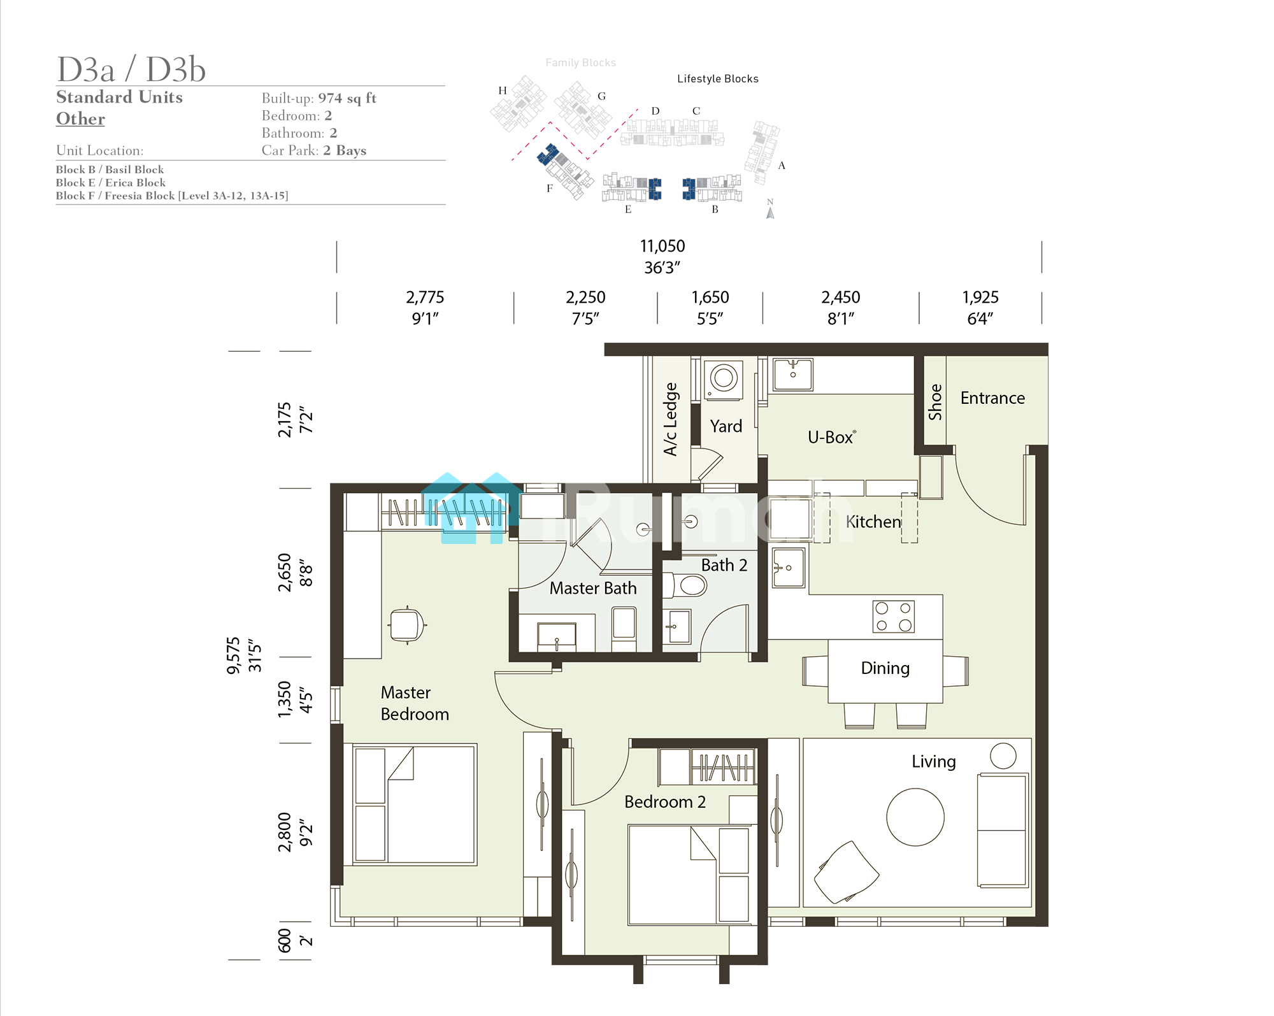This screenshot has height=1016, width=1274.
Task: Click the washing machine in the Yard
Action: (724, 380)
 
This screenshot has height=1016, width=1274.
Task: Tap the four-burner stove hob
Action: (893, 616)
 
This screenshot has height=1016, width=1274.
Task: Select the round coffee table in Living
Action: (915, 817)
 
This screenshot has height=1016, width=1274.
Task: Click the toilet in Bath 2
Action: (685, 585)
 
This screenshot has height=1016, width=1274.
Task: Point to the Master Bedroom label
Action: (415, 703)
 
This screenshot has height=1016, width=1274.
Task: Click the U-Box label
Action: (831, 437)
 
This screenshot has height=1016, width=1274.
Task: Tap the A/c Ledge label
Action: (671, 419)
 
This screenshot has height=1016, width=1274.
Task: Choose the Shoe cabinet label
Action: (934, 401)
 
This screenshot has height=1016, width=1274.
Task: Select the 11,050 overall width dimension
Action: (662, 246)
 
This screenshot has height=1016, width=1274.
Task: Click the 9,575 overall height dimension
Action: (233, 655)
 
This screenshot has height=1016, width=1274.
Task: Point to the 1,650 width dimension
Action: (710, 297)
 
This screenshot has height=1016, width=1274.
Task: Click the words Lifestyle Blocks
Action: (718, 78)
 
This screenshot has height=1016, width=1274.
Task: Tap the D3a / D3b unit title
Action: (131, 69)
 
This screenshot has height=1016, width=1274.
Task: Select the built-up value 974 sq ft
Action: (347, 98)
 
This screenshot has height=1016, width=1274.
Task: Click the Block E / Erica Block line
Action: (111, 182)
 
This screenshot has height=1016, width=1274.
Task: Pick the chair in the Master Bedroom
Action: (407, 625)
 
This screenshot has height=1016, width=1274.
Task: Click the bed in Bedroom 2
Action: (689, 875)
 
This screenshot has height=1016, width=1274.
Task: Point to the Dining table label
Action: (885, 668)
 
